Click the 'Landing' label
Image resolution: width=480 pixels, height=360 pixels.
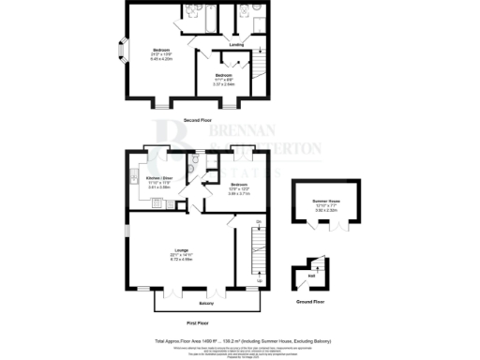pos(237,44)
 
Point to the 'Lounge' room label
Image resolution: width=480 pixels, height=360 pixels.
pos(181,250)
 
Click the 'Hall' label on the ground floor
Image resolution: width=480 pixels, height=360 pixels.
pos(310,276)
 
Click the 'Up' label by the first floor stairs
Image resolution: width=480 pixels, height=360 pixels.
pos(259,279)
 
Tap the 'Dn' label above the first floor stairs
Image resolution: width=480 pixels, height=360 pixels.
pos(258,221)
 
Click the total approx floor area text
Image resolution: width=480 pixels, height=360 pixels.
pos(239,341)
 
